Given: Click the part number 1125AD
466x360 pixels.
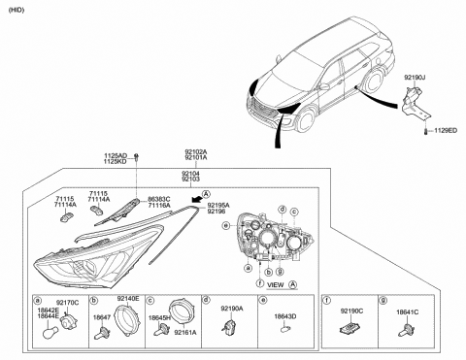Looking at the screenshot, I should pyautogui.click(x=116, y=154).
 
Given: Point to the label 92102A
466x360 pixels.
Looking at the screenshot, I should pyautogui.click(x=195, y=152).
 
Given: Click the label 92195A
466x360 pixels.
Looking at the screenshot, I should pyautogui.click(x=219, y=205).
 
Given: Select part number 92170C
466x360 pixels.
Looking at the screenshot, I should pyautogui.click(x=67, y=303).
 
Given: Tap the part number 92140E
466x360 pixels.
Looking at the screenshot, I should pyautogui.click(x=128, y=298).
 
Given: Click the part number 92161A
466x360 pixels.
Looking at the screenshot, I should pyautogui.click(x=186, y=332).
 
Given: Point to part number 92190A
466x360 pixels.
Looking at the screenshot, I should pyautogui.click(x=233, y=309).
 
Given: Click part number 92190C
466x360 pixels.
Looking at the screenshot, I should pyautogui.click(x=353, y=310).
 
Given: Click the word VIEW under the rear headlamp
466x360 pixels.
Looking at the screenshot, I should pyautogui.click(x=275, y=285).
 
